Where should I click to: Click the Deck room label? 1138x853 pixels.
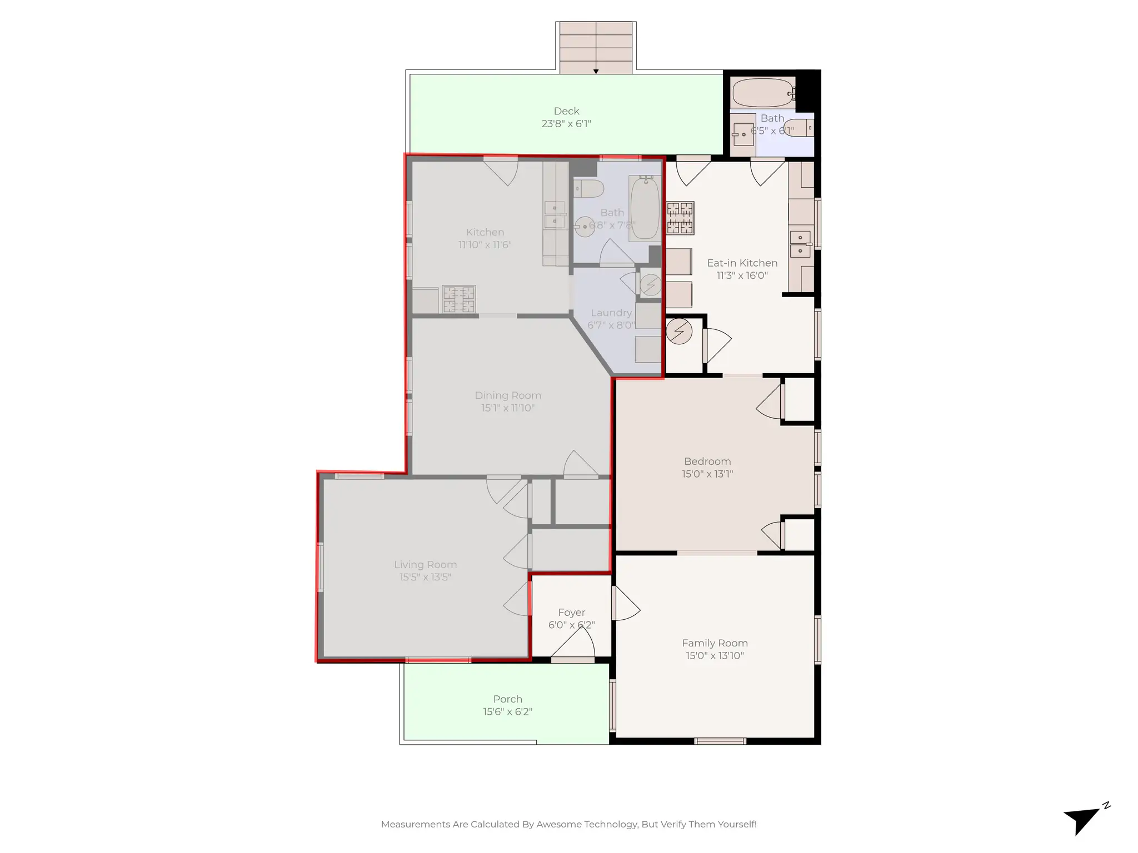click(566, 111)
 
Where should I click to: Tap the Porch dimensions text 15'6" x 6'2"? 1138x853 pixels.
click(507, 711)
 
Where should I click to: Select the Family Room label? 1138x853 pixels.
click(715, 643)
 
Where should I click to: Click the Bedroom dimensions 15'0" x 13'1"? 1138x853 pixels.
click(707, 474)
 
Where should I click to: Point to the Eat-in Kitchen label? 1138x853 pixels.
click(742, 263)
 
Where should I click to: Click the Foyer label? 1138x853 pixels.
click(571, 612)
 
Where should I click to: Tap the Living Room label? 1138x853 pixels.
click(425, 564)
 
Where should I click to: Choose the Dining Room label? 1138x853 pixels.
click(507, 395)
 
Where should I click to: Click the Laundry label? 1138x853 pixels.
click(611, 313)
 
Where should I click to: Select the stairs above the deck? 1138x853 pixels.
click(596, 47)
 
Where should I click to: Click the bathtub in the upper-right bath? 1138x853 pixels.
click(762, 93)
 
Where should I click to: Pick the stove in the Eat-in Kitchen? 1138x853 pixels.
click(680, 218)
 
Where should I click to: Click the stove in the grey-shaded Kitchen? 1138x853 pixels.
click(459, 299)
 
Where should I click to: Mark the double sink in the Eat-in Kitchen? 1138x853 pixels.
click(800, 244)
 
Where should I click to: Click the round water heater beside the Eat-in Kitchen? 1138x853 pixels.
click(678, 332)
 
